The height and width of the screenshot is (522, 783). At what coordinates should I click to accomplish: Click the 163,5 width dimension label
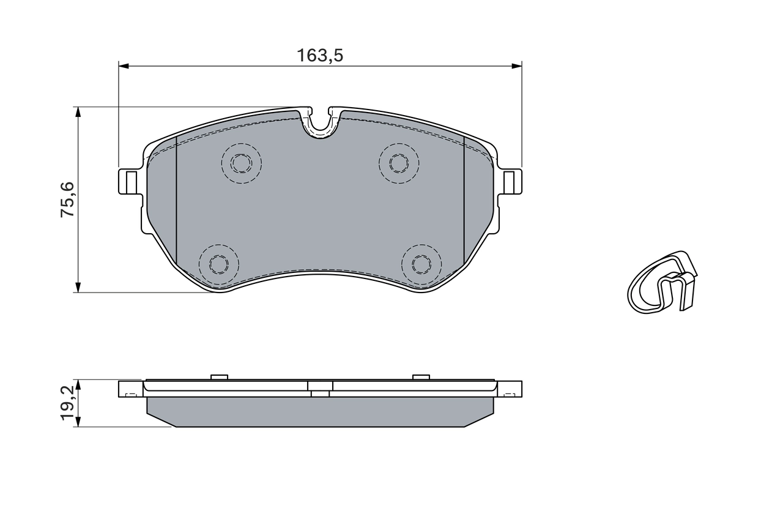[320, 56]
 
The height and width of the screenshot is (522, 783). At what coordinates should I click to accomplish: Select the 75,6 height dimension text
[67, 199]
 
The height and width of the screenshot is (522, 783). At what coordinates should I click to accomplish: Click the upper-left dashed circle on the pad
[241, 163]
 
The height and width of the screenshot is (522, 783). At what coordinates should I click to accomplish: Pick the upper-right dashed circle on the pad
[399, 163]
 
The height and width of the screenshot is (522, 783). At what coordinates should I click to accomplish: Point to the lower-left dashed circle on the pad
[218, 264]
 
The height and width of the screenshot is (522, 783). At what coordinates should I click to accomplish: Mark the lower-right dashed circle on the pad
[421, 264]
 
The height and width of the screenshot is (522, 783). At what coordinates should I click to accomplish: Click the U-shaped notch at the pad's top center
[320, 122]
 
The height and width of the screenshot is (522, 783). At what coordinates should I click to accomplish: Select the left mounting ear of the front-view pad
[129, 181]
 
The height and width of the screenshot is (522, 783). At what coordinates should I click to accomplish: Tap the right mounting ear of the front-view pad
[511, 181]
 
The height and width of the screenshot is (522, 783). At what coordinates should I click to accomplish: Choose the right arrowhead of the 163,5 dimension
[517, 65]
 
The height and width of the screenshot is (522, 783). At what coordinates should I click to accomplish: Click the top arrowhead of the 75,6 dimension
[78, 112]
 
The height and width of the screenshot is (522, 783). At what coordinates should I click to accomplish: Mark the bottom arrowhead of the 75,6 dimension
[78, 287]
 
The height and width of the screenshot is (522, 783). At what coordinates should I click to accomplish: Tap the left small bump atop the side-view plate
[219, 377]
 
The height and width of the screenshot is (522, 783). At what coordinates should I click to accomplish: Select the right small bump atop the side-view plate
[421, 377]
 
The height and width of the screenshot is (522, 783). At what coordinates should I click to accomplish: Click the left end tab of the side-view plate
[130, 389]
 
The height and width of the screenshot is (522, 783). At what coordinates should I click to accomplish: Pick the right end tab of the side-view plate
[510, 389]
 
